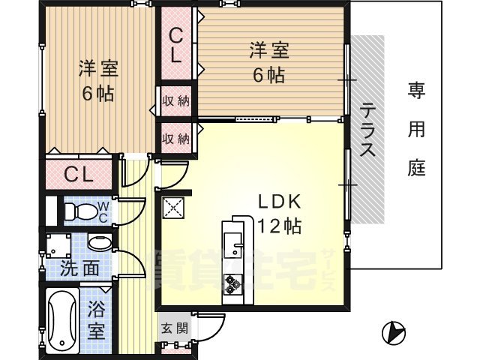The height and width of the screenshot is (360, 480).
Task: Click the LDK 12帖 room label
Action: click(x=279, y=214)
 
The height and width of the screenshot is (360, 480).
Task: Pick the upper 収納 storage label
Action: click(x=176, y=101)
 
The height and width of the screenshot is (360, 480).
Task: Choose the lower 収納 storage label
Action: click(x=176, y=139)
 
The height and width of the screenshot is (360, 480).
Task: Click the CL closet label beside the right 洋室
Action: click(x=175, y=44)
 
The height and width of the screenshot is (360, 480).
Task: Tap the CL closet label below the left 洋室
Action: click(x=78, y=175)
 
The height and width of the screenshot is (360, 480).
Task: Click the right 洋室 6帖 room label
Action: click(x=268, y=63)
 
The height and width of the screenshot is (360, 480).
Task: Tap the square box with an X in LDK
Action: click(x=174, y=208)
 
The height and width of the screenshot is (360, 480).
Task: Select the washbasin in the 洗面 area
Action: click(x=98, y=242)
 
